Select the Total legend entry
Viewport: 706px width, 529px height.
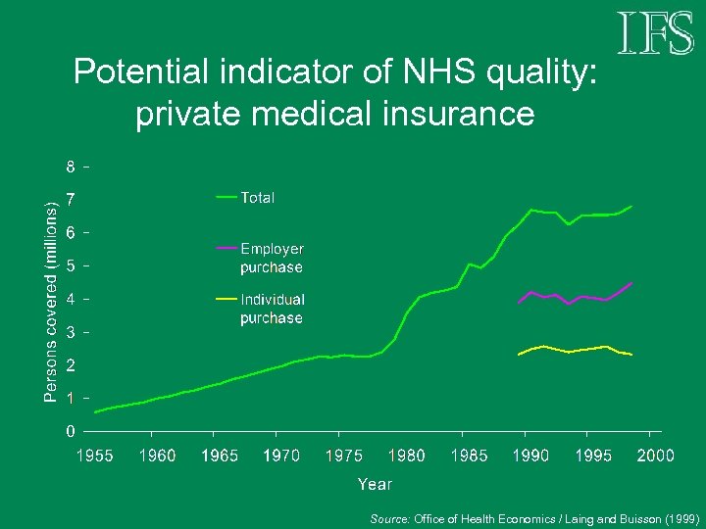coord(258,198)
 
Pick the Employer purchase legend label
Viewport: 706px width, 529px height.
coord(272,259)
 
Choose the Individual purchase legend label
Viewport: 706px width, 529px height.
coord(273,309)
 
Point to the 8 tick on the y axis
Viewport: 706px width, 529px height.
coord(71,166)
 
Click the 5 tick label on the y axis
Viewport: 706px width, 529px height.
coord(71,265)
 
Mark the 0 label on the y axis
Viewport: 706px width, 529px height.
coord(71,431)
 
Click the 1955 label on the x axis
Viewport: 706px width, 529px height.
coord(95,456)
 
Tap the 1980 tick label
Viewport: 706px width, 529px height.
coord(407,456)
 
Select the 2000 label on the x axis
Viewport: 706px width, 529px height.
coord(656,456)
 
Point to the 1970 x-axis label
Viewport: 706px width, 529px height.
coord(282,456)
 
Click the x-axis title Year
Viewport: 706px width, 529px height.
coord(375,484)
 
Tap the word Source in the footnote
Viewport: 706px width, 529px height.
coord(390,517)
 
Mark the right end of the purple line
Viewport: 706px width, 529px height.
coord(632,282)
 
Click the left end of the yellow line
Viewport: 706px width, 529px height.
coord(519,354)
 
